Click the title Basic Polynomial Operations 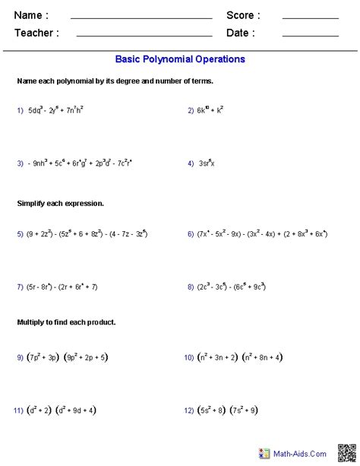(180, 59)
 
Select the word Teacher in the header (36, 33)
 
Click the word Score (243, 15)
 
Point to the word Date (241, 33)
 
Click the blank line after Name (141, 17)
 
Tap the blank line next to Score (310, 17)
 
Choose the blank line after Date (310, 35)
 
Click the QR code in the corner (346, 453)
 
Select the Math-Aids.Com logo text (302, 454)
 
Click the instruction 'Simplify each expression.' (60, 204)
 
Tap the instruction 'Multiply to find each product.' (66, 322)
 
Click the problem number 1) (21, 110)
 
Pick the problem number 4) (191, 163)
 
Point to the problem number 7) (21, 287)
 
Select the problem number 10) (188, 357)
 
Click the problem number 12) (188, 411)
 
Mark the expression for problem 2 (210, 109)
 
